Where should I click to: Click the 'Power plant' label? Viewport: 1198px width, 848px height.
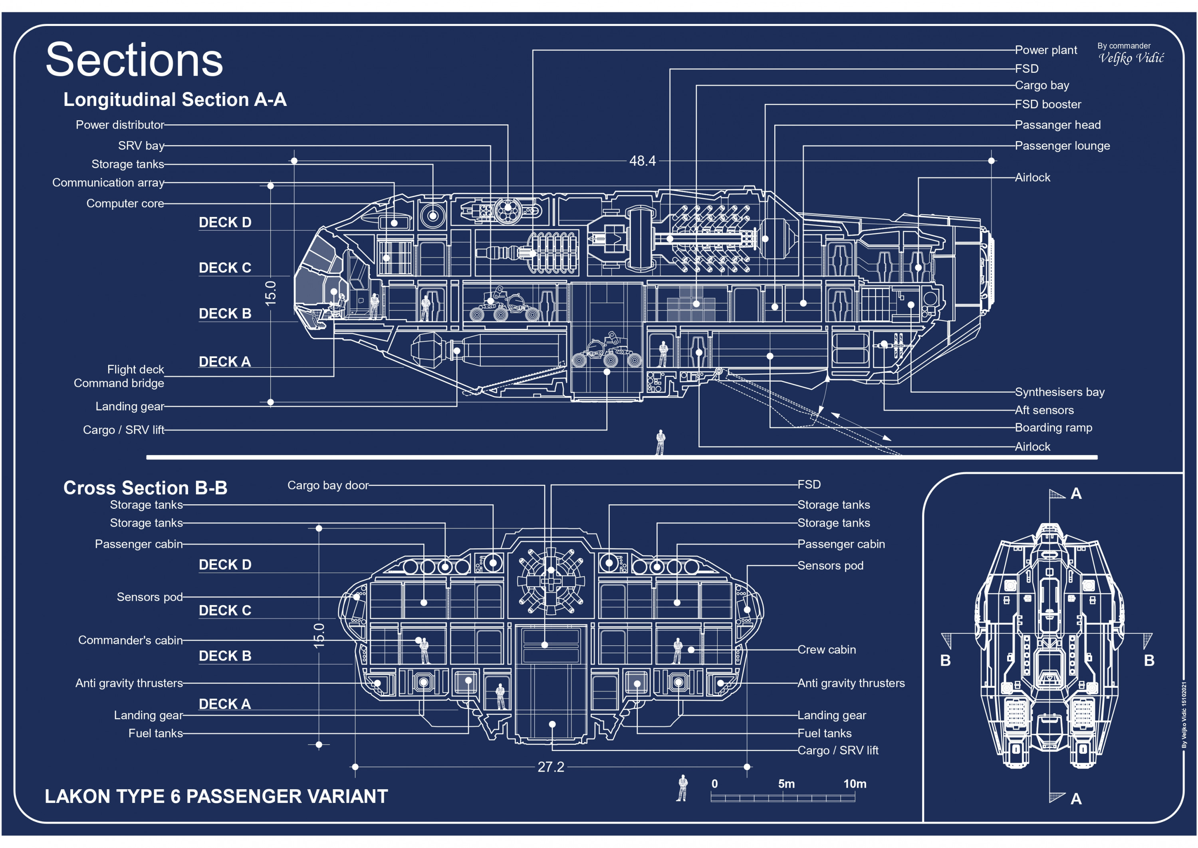point(1045,50)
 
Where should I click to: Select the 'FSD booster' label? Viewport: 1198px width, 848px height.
point(1048,104)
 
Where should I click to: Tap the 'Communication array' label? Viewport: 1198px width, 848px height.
point(108,183)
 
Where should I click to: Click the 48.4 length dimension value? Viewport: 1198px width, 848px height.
point(642,161)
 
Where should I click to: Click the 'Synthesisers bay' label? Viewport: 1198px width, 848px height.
point(1059,392)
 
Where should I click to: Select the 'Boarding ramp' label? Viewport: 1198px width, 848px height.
point(1053,428)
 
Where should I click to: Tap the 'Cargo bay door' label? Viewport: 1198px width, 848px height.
point(328,486)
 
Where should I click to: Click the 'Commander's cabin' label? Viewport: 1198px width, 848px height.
point(131,641)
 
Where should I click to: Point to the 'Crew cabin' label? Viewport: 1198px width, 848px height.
point(827,650)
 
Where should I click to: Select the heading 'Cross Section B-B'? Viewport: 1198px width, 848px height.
point(145,488)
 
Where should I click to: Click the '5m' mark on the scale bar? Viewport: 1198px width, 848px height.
point(786,784)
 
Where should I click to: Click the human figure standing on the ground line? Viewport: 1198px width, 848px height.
point(660,442)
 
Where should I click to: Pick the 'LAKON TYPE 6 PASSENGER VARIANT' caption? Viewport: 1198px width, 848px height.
point(216,797)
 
